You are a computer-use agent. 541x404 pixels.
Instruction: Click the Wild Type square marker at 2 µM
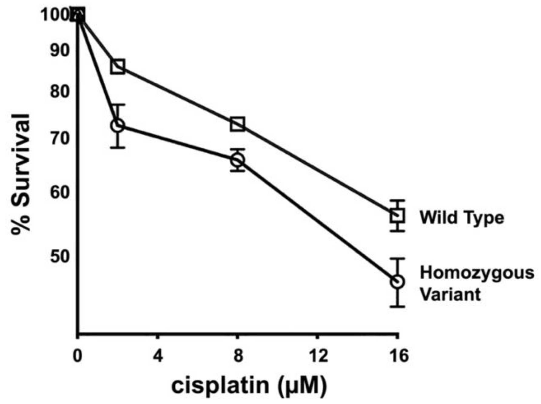pyautogui.click(x=118, y=66)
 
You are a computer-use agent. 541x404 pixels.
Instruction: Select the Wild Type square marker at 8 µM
pyautogui.click(x=237, y=124)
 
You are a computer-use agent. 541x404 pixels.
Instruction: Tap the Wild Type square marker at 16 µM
pyautogui.click(x=397, y=216)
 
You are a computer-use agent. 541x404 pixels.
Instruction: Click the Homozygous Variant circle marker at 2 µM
pyautogui.click(x=118, y=125)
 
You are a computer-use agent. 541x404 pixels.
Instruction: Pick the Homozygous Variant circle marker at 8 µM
pyautogui.click(x=237, y=160)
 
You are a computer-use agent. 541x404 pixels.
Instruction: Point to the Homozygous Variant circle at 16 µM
pyautogui.click(x=397, y=282)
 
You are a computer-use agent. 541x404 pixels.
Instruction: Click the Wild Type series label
pyautogui.click(x=462, y=217)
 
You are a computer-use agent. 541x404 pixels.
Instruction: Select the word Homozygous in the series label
pyautogui.click(x=477, y=273)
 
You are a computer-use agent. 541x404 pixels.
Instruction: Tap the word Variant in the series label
pyautogui.click(x=450, y=294)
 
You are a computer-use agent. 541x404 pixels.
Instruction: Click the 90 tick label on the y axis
pyautogui.click(x=60, y=50)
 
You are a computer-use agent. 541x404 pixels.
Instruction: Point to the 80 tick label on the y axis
pyautogui.click(x=60, y=91)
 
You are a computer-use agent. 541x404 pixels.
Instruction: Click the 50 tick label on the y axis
pyautogui.click(x=60, y=257)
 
